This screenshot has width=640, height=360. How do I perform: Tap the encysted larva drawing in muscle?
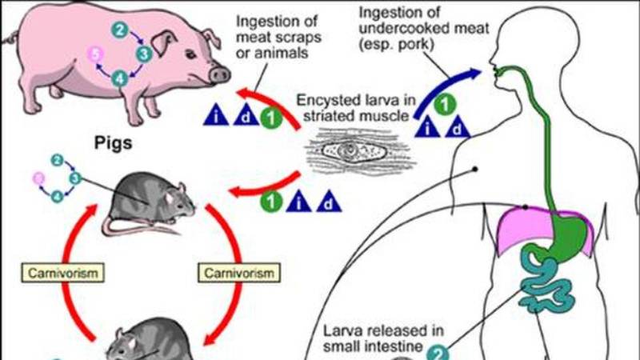352,151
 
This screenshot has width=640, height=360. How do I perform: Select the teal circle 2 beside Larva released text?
439,353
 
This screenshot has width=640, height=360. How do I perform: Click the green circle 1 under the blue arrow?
450,102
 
